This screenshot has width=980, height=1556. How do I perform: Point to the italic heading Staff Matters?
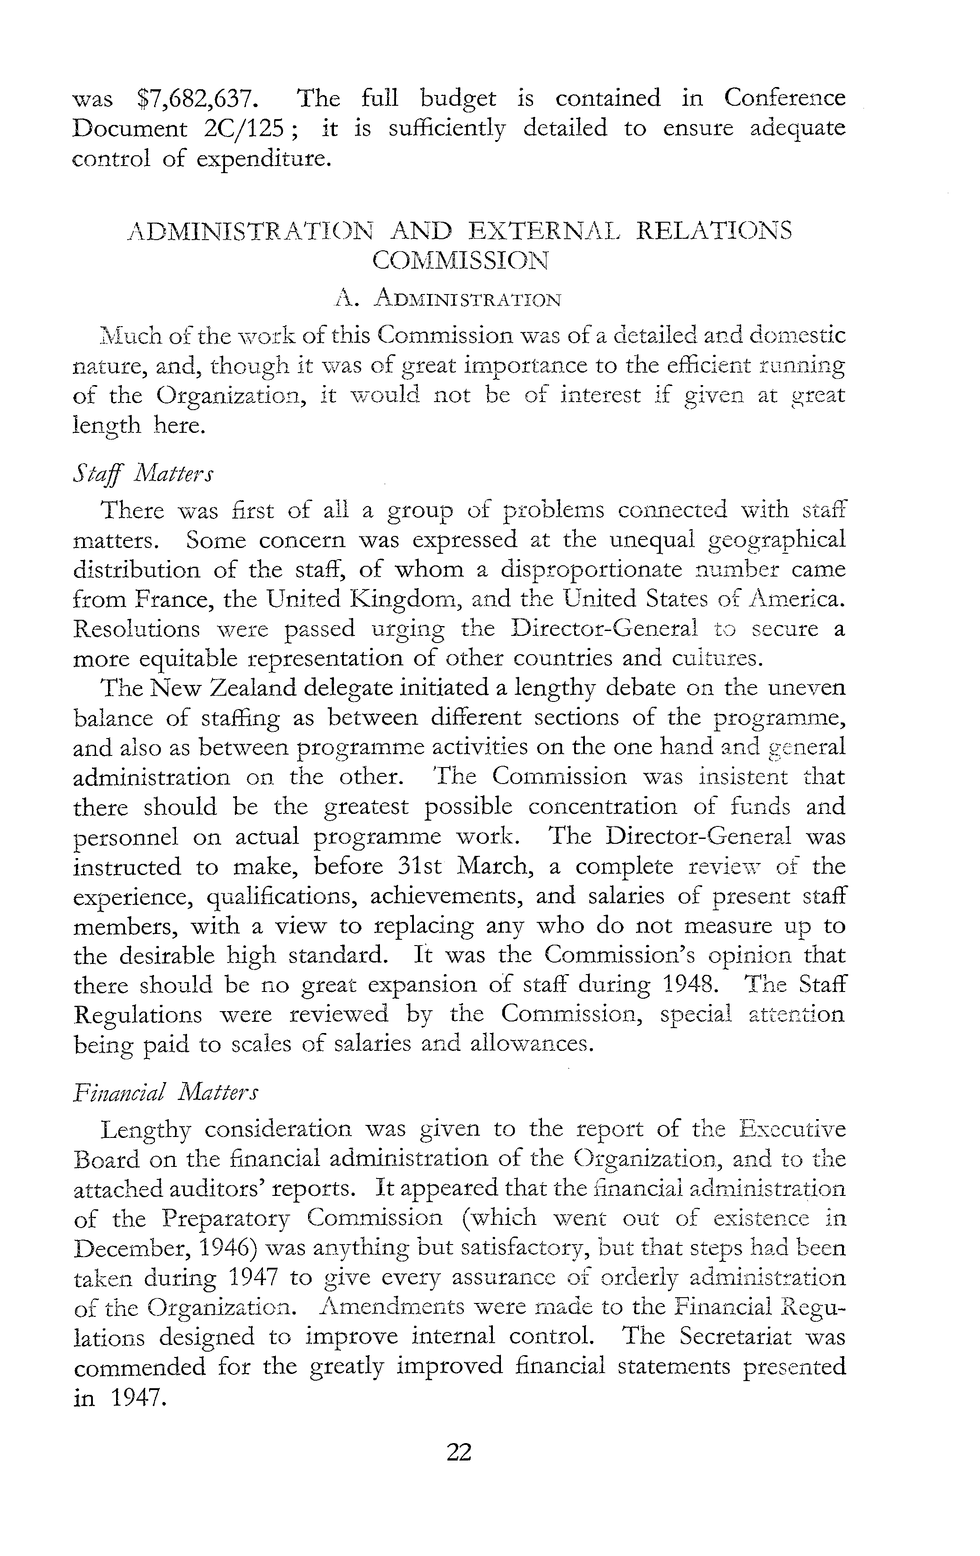142,473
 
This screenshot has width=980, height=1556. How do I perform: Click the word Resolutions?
137,629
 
